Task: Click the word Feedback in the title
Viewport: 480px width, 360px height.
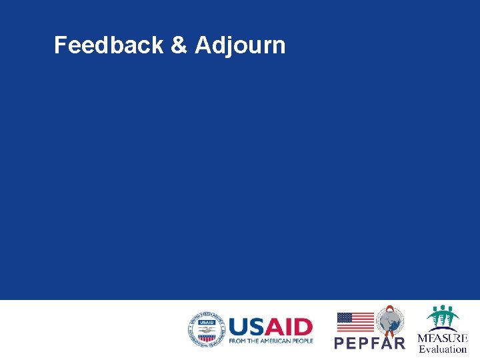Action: point(109,45)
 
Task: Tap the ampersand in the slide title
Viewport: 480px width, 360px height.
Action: point(179,45)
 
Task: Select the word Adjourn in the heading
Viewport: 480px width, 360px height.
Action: point(240,45)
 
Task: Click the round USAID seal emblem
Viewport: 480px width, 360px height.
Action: point(206,329)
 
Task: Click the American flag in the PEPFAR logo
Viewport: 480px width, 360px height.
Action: point(355,322)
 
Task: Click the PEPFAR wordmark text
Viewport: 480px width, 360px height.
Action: point(369,343)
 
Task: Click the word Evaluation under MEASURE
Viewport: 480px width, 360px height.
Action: point(443,349)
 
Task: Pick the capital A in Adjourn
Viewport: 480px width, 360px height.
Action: point(203,45)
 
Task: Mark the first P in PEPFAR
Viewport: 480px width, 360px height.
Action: point(339,343)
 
